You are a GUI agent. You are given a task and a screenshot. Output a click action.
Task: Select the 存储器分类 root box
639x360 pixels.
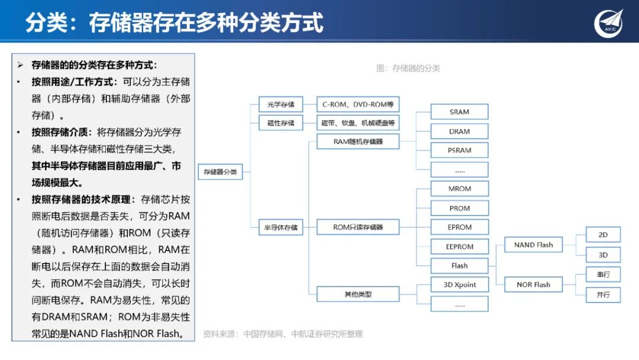[220, 172]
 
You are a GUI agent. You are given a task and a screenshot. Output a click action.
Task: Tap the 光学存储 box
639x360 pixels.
[280, 105]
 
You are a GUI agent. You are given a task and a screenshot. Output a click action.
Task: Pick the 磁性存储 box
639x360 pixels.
[280, 123]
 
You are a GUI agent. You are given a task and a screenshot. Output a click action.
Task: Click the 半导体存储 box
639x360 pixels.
[280, 227]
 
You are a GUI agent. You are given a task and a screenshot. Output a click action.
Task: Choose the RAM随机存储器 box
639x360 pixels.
[358, 142]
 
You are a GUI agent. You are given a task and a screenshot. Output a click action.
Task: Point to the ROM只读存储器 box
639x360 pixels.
[358, 227]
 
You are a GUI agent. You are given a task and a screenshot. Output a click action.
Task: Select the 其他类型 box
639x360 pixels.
[358, 294]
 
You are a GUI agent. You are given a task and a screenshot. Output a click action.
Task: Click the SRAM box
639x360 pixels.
[459, 112]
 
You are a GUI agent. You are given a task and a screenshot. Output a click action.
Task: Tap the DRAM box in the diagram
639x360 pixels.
[459, 131]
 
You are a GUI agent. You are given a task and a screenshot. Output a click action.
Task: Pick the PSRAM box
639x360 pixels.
[459, 150]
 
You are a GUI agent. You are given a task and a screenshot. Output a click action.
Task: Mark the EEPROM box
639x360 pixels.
[459, 246]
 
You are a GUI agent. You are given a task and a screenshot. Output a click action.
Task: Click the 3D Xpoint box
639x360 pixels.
[459, 285]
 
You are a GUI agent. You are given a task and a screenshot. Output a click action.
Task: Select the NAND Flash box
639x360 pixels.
[533, 245]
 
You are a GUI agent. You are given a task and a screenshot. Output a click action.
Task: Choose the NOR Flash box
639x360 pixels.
[533, 285]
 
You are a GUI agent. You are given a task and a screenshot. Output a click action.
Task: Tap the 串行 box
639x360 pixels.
[603, 275]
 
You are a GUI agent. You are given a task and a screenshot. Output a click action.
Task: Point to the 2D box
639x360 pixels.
[603, 235]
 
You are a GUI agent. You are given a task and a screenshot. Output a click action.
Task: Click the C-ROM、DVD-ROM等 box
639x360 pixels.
[358, 105]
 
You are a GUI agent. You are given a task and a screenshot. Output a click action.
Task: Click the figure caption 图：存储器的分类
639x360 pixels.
[408, 68]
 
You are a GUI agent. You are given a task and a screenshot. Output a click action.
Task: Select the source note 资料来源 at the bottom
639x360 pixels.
[283, 334]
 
